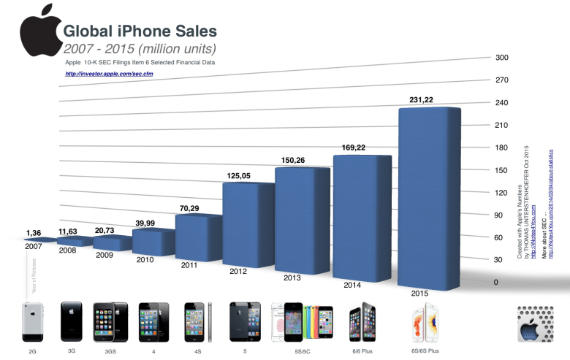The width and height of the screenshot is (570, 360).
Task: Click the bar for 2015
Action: tap(429, 197)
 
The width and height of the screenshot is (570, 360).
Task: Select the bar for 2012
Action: tap(248, 222)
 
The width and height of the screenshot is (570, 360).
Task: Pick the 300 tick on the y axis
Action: tap(502, 58)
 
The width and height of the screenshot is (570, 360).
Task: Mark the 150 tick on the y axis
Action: tap(502, 170)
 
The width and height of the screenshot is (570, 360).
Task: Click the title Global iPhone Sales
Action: tap(140, 31)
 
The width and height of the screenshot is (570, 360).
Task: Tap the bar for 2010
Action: tap(153, 242)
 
